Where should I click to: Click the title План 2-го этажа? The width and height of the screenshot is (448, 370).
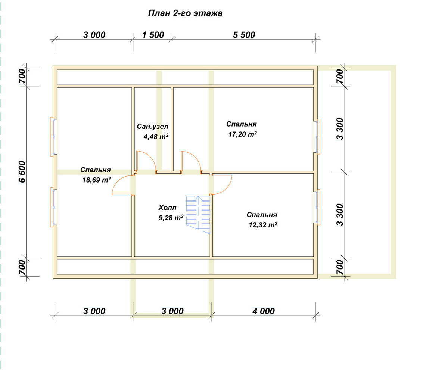(x=185, y=13)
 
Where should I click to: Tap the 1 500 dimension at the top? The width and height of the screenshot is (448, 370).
(x=153, y=35)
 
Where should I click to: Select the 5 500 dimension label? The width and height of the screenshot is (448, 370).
(x=244, y=35)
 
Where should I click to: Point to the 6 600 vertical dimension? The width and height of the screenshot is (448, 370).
(x=22, y=172)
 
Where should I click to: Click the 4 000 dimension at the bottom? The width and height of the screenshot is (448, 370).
(x=264, y=311)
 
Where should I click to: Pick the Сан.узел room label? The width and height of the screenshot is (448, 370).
(x=153, y=127)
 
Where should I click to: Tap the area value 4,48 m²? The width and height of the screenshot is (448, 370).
(x=156, y=136)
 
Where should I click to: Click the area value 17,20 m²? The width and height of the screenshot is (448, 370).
(x=242, y=134)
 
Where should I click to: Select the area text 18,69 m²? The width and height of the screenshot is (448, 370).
(x=97, y=180)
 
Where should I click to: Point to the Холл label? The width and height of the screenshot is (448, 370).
(x=167, y=208)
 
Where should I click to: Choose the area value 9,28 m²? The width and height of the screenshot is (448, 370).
(x=171, y=218)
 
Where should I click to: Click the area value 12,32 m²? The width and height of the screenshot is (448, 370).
(x=263, y=225)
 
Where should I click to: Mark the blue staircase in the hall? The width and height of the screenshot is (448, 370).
(x=198, y=214)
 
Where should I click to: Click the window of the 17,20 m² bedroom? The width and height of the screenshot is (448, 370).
(x=317, y=137)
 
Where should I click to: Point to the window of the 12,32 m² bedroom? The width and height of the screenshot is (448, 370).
(x=317, y=207)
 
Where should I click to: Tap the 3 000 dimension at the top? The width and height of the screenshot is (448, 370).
(x=94, y=35)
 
